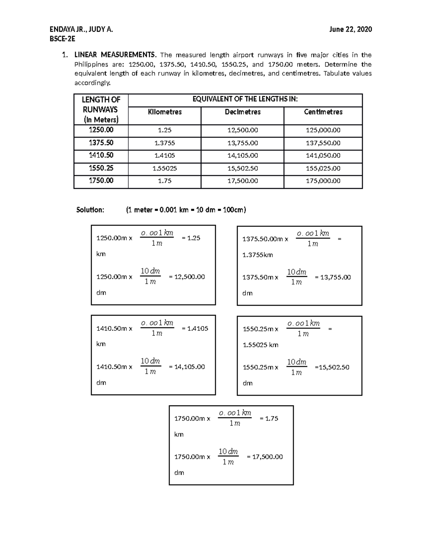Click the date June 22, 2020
point(350,30)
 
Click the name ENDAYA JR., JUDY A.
point(81,30)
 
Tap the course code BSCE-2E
point(62,39)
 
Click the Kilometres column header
point(165,112)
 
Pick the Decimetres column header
point(243,112)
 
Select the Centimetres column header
point(323,112)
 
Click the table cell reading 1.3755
point(165,143)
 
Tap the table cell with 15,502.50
point(243,168)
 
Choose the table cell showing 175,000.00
point(323,181)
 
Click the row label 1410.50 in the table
point(101,155)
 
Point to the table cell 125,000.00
point(323,130)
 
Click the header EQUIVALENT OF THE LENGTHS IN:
point(245,99)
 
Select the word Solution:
point(90,210)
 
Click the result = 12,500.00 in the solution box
point(187,277)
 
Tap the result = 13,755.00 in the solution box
point(333,277)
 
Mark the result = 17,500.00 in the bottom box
point(265,457)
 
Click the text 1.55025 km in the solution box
point(261,345)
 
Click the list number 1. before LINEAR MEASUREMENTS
point(65,55)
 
